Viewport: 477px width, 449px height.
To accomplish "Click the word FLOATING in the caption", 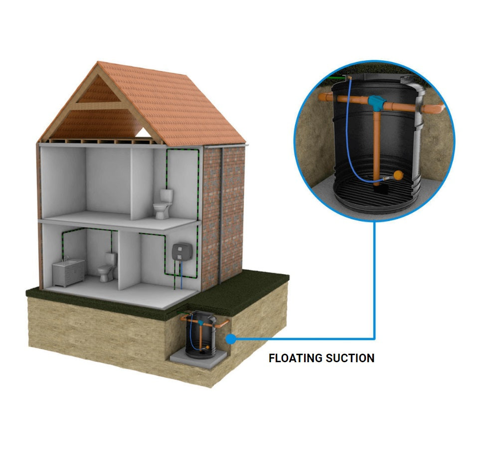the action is coord(295,358).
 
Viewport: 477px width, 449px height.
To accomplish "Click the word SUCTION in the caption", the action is coord(350,358).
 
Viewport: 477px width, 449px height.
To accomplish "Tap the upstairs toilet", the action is coord(163,204).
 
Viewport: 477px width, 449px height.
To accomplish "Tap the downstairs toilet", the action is coord(107,267).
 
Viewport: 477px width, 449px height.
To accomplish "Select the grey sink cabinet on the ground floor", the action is coord(68,272).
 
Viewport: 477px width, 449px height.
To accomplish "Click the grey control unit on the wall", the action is coord(182,252).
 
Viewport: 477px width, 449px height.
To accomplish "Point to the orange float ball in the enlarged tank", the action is coord(399,175).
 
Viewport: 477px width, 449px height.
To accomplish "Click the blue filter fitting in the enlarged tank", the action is coord(377,103).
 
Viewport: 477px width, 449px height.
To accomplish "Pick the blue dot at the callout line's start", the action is coord(231,339).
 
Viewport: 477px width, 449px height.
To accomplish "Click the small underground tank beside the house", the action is coord(201,334).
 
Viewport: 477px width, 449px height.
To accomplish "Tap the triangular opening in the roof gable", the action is coord(144,132).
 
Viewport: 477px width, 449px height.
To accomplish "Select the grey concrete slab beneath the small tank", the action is coord(198,359).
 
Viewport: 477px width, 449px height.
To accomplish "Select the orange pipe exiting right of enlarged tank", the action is coord(432,109).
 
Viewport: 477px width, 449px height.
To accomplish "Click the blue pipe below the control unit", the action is coord(181,275).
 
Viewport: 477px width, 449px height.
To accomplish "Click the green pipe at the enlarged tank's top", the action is coord(337,80).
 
